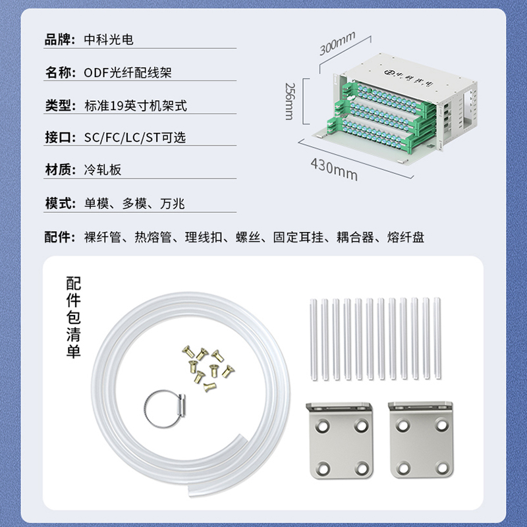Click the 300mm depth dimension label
point(337,43)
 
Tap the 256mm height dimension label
point(289,101)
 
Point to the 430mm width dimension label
point(334,169)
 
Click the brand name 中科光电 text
point(109,40)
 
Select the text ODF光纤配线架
point(128,72)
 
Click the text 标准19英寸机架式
point(136,105)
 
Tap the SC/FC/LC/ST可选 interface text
point(135,138)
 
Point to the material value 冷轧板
point(103,170)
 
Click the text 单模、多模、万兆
point(134,204)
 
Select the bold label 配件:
point(60,237)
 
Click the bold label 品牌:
point(60,40)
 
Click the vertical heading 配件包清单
point(74,318)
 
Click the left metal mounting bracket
point(340,440)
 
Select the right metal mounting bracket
point(421,439)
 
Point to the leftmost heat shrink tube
point(314,339)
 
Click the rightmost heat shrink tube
point(437,338)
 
